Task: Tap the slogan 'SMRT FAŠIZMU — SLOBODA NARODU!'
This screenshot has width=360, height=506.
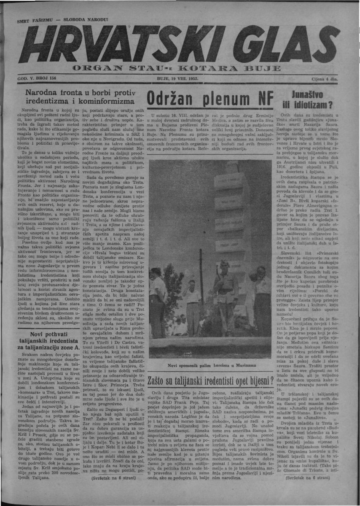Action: click(62, 20)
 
